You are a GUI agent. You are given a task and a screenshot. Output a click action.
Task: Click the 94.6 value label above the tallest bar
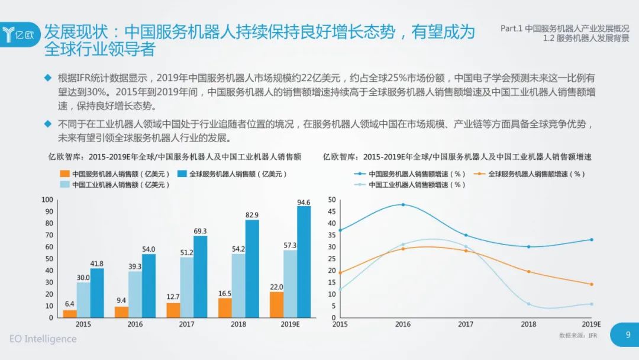click(x=304, y=202)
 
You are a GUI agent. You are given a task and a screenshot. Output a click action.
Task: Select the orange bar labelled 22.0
click(x=276, y=304)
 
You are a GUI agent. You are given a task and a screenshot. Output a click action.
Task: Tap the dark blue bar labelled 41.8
click(x=97, y=292)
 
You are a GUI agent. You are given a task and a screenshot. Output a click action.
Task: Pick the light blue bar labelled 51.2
click(x=187, y=287)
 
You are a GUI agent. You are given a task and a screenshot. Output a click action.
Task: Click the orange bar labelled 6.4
click(x=70, y=313)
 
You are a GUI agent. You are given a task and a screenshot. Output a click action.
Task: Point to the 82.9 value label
click(x=252, y=214)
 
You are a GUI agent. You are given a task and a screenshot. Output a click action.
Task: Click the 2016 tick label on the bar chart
click(x=135, y=324)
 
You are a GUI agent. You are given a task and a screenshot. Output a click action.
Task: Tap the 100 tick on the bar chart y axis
click(x=47, y=200)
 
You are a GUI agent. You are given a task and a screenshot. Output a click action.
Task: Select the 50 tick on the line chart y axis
click(x=331, y=200)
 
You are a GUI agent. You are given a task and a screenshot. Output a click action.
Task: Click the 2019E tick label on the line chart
click(x=591, y=324)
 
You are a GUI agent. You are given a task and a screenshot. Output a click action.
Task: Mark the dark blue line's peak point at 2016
click(x=403, y=204)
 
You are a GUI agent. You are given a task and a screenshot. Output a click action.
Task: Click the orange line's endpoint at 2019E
click(x=591, y=284)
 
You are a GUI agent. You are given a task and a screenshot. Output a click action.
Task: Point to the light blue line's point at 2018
click(x=528, y=304)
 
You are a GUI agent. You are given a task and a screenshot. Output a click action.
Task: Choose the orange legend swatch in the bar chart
click(x=64, y=174)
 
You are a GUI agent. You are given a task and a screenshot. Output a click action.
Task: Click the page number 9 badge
click(x=628, y=334)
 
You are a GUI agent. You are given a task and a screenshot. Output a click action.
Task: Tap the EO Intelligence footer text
click(x=43, y=339)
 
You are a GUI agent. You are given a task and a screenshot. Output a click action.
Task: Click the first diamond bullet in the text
click(x=49, y=78)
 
